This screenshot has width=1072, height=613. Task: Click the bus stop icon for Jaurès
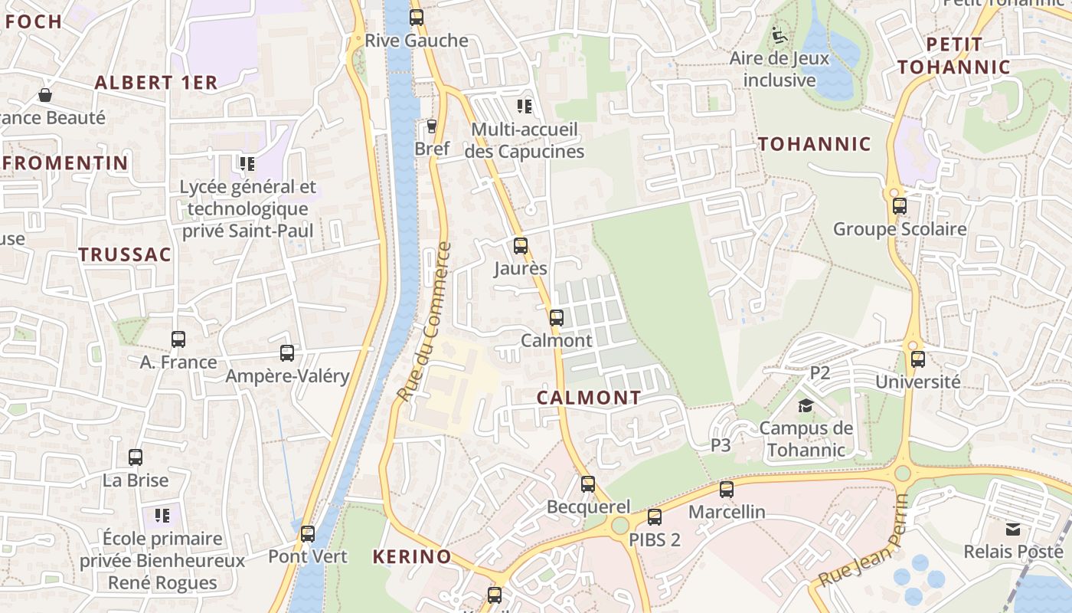tap(521, 246)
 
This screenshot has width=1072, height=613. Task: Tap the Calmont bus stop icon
tap(557, 318)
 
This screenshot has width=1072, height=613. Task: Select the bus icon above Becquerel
tap(588, 484)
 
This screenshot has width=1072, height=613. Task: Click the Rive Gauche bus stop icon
tap(417, 18)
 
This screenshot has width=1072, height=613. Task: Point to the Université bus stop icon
tap(918, 359)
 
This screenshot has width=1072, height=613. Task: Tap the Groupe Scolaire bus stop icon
tap(900, 206)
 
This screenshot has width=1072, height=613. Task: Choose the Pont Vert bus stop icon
tap(308, 534)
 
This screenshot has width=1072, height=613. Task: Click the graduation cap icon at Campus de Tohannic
tap(806, 405)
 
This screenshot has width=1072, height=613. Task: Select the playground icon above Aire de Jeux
tap(779, 35)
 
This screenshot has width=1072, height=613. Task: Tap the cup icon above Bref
tap(432, 126)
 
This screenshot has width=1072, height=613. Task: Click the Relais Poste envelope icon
tap(1013, 529)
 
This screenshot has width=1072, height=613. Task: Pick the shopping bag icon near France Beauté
tap(45, 95)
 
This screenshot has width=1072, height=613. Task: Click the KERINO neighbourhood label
tap(412, 557)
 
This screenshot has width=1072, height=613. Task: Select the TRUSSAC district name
tap(125, 255)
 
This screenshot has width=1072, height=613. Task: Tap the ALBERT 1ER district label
tap(156, 83)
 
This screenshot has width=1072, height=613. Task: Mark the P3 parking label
tap(721, 444)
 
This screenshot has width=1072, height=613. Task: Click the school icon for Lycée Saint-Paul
tap(247, 163)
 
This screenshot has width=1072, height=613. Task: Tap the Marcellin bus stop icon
tap(727, 489)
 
